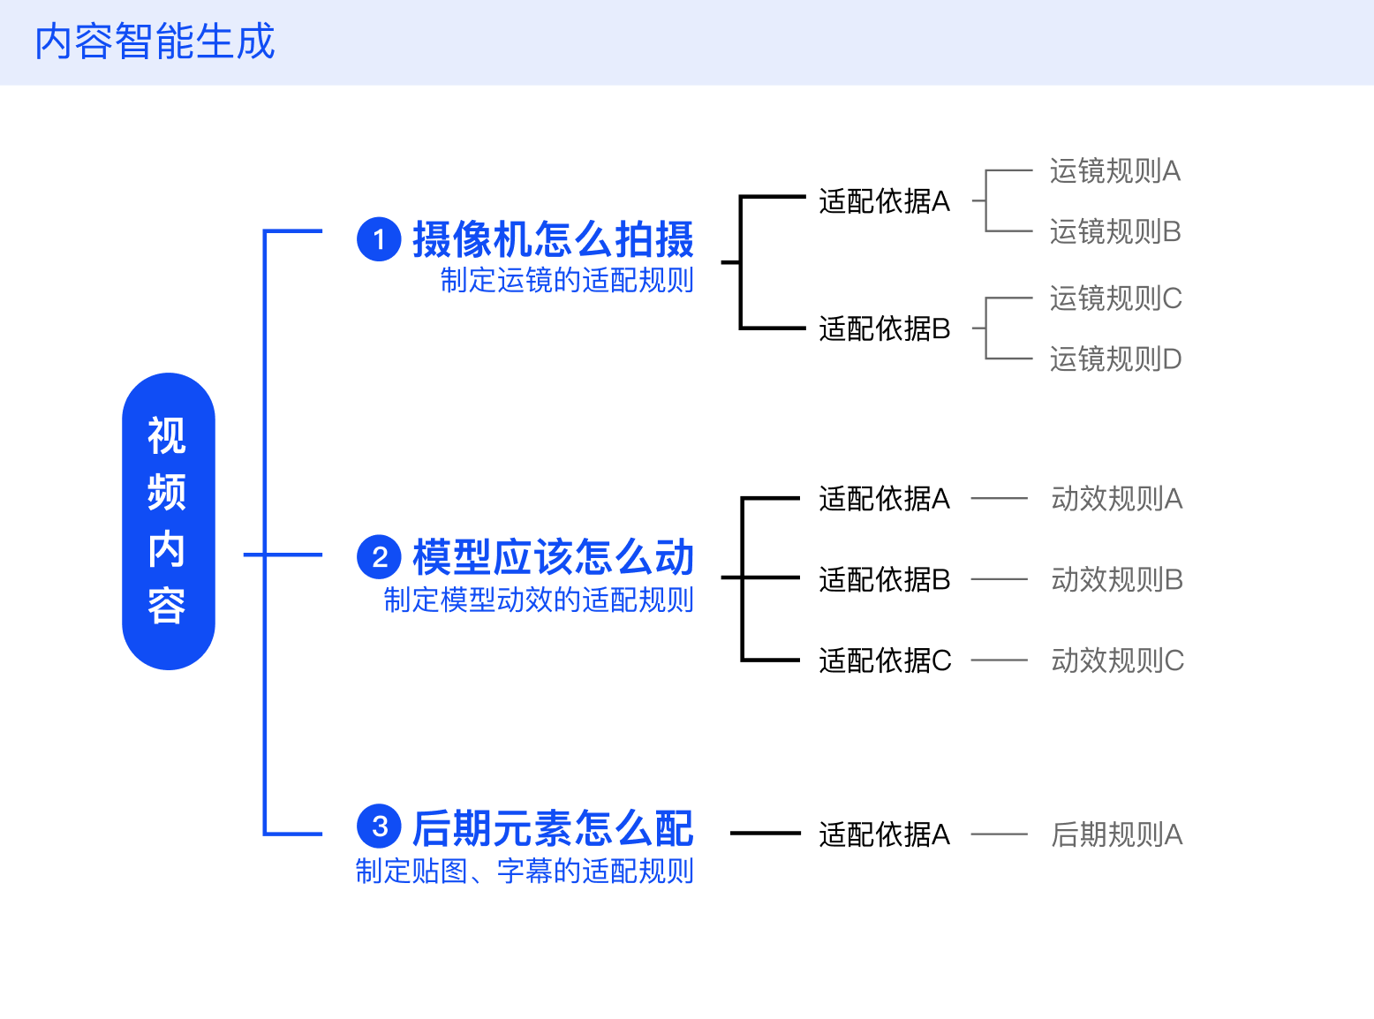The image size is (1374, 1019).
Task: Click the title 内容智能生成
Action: [x=155, y=42]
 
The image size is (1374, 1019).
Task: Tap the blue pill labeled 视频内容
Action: [x=169, y=521]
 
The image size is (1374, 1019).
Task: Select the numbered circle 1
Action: [x=379, y=239]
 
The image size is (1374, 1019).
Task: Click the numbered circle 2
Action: [x=379, y=557]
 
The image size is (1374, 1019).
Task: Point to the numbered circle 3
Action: [x=379, y=827]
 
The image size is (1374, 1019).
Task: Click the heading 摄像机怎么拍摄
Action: [x=553, y=239]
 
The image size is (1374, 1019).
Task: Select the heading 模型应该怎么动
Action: [x=553, y=557]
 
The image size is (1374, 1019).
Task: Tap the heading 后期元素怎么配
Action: [x=553, y=827]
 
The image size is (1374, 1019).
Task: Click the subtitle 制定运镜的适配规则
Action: [x=567, y=280]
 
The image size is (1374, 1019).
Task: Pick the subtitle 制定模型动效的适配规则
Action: [x=539, y=600]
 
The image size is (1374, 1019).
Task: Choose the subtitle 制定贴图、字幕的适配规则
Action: [x=524, y=871]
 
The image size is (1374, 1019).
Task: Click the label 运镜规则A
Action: [x=1115, y=171]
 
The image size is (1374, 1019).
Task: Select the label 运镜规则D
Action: [x=1115, y=359]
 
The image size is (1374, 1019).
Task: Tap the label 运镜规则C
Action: [x=1115, y=298]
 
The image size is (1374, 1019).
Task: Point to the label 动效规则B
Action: [x=1117, y=579]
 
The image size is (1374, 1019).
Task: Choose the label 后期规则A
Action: [x=1117, y=834]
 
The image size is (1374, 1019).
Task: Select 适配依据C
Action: [x=885, y=660]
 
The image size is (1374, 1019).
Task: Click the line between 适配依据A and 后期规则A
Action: [x=1000, y=834]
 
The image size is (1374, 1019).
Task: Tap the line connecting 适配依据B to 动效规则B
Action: [x=1000, y=579]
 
